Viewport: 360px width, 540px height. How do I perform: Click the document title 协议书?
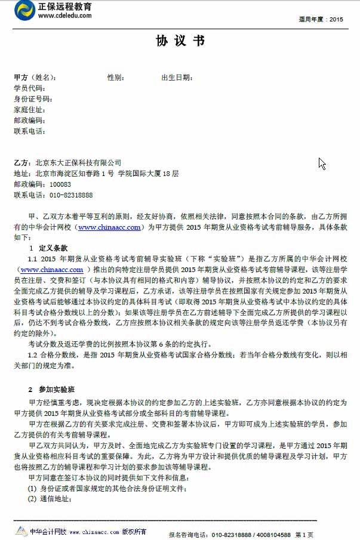[x=180, y=41]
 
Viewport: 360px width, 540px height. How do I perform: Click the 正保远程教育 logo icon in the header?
[x=25, y=10]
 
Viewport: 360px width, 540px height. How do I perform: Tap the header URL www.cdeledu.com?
[x=65, y=16]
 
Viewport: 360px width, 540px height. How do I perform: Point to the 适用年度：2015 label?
[x=321, y=20]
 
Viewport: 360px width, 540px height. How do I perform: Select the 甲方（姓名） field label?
[x=35, y=78]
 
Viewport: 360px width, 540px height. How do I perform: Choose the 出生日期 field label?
[x=177, y=78]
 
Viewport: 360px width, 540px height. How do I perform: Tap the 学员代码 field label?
[x=29, y=88]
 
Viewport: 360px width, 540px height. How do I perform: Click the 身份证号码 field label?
[x=32, y=99]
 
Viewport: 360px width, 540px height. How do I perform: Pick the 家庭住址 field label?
[x=29, y=110]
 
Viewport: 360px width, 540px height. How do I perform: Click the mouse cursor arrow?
[x=322, y=163]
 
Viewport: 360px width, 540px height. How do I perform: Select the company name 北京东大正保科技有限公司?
[x=78, y=163]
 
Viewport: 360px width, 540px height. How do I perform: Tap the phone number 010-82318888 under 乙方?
[x=71, y=195]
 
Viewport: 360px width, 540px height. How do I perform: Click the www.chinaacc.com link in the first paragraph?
[x=109, y=227]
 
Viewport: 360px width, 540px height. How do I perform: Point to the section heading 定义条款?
[x=53, y=247]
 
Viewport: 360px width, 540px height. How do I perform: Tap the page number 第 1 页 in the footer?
[x=304, y=535]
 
